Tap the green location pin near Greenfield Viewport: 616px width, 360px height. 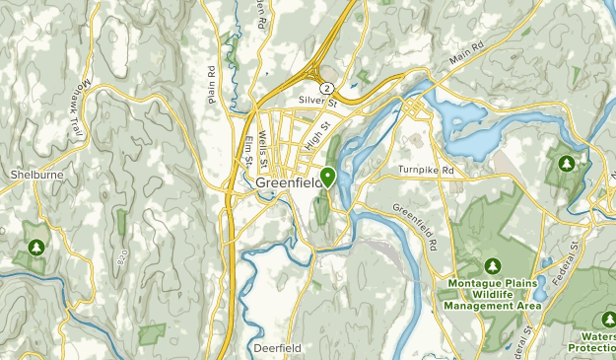pos(327,177)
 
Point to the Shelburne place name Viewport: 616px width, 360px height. pos(35,175)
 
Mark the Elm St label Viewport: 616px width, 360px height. pos(247,149)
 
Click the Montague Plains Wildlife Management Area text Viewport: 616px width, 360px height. pos(493,295)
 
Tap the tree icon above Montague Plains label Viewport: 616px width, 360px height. pos(493,265)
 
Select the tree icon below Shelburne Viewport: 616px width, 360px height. pos(36,247)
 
